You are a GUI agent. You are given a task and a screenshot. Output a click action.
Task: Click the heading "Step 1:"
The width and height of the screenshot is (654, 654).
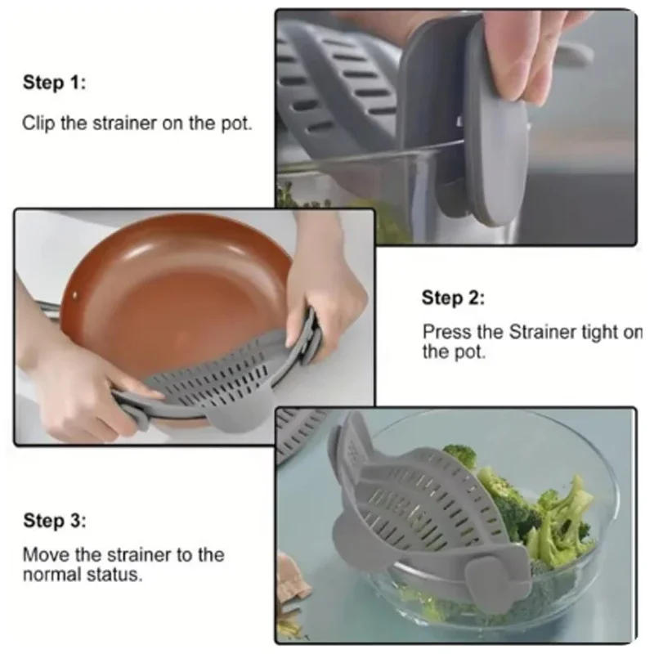[54, 83]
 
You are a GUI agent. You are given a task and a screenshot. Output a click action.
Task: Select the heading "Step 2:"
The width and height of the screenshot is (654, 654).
[453, 298]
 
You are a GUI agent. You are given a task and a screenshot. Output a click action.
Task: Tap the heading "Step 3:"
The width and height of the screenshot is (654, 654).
[54, 521]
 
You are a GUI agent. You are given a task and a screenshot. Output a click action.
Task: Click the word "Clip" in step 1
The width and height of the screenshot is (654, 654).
[37, 123]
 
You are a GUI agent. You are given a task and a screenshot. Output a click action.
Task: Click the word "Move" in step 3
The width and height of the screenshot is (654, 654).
[42, 554]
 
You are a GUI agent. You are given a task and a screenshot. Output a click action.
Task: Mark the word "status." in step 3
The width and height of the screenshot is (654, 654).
[119, 574]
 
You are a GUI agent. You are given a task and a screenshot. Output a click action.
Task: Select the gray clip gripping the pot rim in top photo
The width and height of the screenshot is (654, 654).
[490, 147]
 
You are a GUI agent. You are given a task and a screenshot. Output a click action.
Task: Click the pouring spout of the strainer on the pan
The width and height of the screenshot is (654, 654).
[225, 417]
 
